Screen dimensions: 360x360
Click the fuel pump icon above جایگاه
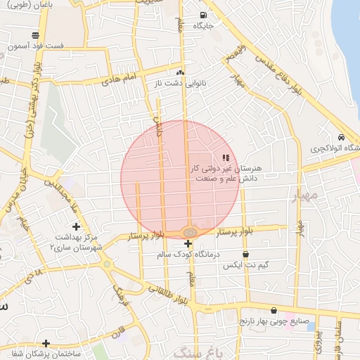(203, 15)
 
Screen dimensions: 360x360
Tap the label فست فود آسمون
(36, 46)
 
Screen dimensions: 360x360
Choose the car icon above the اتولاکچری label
(341, 137)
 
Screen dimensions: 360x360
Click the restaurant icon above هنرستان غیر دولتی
(225, 158)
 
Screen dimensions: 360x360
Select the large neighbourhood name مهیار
(304, 195)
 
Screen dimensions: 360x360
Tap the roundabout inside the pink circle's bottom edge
(189, 232)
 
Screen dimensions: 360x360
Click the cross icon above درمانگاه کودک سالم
(188, 243)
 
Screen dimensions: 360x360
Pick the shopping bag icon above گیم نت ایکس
(245, 255)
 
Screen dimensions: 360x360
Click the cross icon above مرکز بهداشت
(76, 226)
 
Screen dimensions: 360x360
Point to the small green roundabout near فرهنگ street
(107, 265)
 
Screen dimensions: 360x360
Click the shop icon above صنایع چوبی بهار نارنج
(273, 310)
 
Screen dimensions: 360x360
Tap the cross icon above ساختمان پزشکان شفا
(46, 343)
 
